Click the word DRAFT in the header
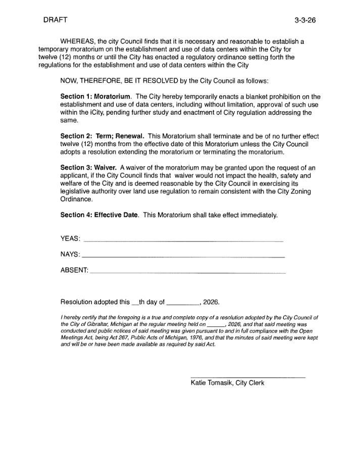coord(55,20)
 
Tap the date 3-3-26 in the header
coord(305,21)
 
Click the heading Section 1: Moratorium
coord(95,97)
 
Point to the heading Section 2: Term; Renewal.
coord(102,136)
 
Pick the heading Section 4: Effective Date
coord(99,215)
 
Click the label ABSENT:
coord(74,270)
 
